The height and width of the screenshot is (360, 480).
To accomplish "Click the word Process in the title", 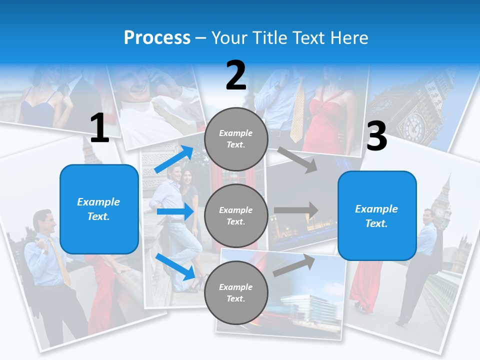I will [157, 37].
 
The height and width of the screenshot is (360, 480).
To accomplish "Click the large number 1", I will [99, 128].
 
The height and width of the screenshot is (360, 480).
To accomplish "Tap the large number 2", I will [236, 75].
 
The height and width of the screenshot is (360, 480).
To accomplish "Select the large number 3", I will [377, 136].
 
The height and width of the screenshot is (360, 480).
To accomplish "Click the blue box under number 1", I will [99, 209].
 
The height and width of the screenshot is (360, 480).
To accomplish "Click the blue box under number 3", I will [377, 215].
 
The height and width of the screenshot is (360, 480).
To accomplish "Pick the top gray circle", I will [236, 139].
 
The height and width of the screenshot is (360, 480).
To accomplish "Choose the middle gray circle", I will [236, 215].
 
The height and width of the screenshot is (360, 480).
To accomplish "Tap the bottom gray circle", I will [236, 292].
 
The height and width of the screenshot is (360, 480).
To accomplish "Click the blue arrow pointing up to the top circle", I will [174, 159].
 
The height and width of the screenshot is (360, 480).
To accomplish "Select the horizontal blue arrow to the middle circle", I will [175, 211].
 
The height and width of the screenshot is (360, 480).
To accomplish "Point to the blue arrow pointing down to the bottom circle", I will [175, 266].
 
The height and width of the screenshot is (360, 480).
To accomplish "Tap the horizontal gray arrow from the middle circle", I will [296, 210].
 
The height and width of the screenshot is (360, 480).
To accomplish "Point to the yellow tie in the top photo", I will [298, 112].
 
